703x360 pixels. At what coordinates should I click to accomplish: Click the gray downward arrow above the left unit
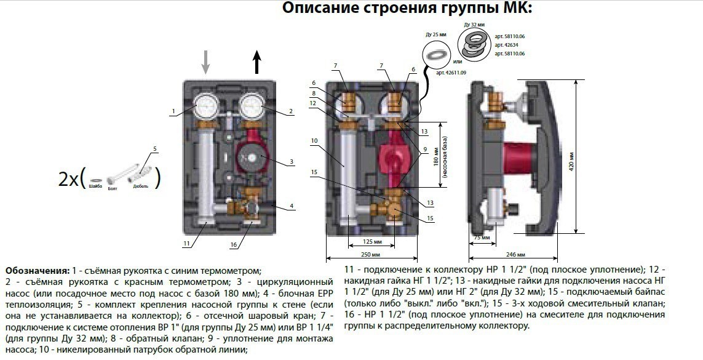(x=206, y=62)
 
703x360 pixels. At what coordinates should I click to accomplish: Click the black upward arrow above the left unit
(x=257, y=62)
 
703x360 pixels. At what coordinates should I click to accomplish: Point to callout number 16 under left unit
(x=233, y=244)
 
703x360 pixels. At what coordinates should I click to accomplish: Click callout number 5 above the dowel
(x=155, y=149)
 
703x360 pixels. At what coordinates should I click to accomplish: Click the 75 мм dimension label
(x=482, y=237)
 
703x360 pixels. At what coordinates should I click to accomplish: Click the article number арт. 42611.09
(x=451, y=73)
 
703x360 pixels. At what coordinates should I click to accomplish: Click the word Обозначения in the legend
(x=36, y=271)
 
